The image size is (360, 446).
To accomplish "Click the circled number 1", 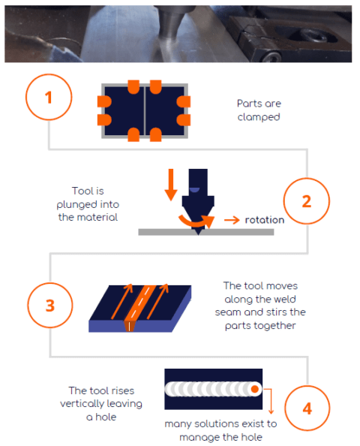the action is tap(49, 97).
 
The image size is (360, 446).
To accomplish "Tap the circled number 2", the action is tap(307, 201).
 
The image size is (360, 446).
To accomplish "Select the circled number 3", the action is tap(50, 305).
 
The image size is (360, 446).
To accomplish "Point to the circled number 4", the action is tap(307, 408).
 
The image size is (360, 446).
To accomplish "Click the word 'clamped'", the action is tap(259, 117).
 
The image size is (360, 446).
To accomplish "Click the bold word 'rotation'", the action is tap(265, 220).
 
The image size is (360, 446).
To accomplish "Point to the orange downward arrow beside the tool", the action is tap(171, 185).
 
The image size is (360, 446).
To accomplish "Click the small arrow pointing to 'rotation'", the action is tap(232, 220).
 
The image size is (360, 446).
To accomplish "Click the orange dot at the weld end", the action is tap(255, 389).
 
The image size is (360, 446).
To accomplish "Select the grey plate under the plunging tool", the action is tap(206, 232).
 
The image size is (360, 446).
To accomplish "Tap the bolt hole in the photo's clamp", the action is tap(310, 35).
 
